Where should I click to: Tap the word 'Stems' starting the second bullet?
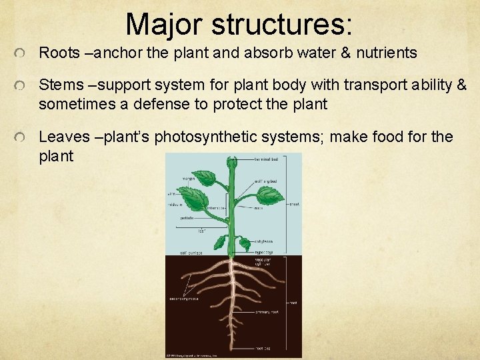click(x=58, y=85)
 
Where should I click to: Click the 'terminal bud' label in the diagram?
click(x=266, y=160)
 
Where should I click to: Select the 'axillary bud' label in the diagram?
click(x=266, y=181)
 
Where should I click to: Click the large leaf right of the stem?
click(x=269, y=195)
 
